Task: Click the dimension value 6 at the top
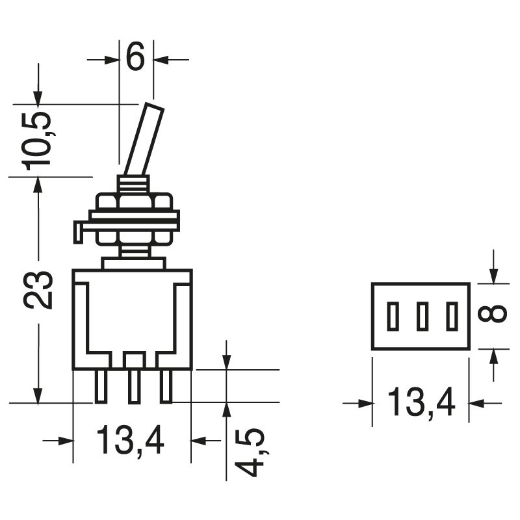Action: pyautogui.click(x=135, y=58)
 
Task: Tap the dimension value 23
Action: pyautogui.click(x=38, y=290)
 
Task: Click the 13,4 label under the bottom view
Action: pyautogui.click(x=421, y=403)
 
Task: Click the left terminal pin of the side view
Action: pyautogui.click(x=101, y=386)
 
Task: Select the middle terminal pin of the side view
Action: pyautogui.click(x=135, y=386)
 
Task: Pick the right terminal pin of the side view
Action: pyautogui.click(x=166, y=386)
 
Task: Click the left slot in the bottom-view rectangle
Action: pyautogui.click(x=392, y=317)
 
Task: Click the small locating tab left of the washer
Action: pyautogui.click(x=78, y=231)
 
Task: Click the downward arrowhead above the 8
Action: pyautogui.click(x=494, y=276)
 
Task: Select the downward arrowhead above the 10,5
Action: pyautogui.click(x=39, y=97)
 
